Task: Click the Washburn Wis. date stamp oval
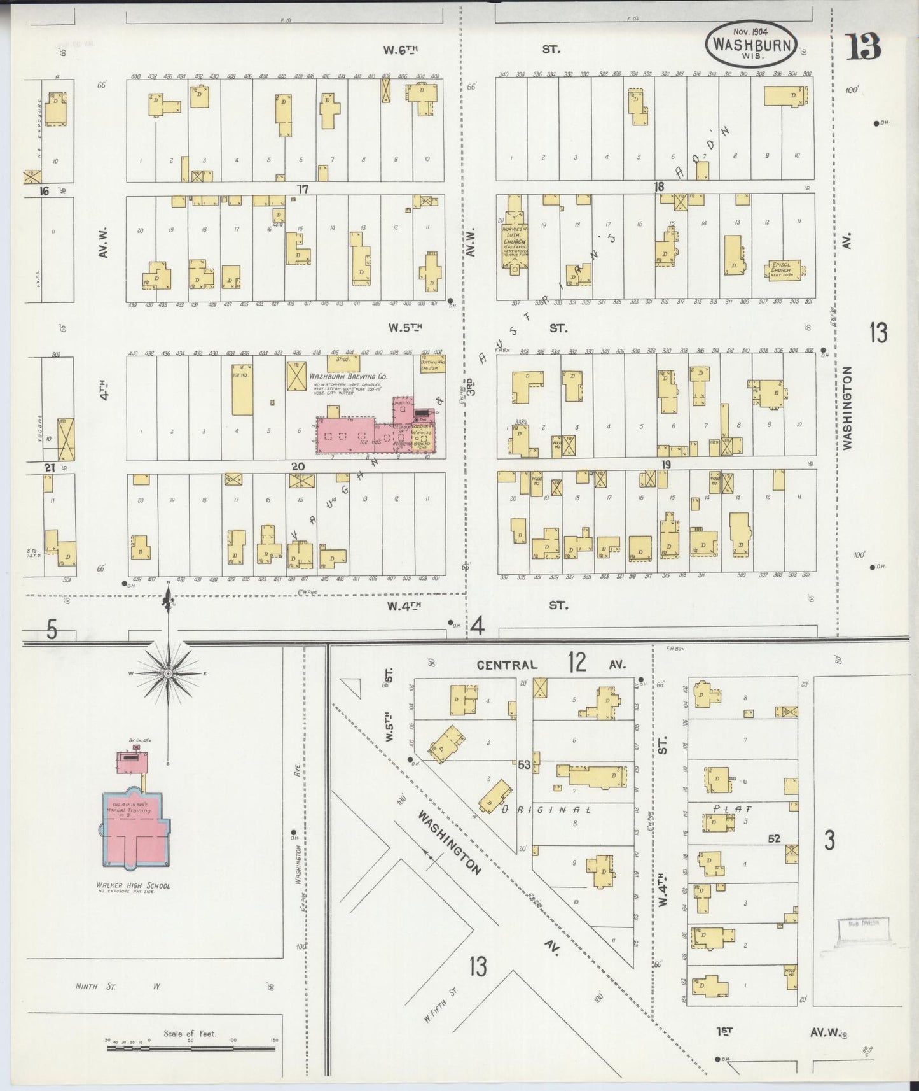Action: pyautogui.click(x=750, y=44)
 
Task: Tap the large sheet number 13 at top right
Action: pyautogui.click(x=863, y=46)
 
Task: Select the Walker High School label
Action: pyautogui.click(x=134, y=885)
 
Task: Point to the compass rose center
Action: pyautogui.click(x=168, y=673)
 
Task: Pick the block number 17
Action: pyautogui.click(x=302, y=189)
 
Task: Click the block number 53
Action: pyautogui.click(x=523, y=764)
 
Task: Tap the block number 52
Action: pyautogui.click(x=773, y=839)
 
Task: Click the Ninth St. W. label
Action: pyautogui.click(x=116, y=986)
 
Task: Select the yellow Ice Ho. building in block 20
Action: pyautogui.click(x=242, y=390)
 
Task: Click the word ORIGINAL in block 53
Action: pyautogui.click(x=546, y=810)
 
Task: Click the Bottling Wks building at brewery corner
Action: pyautogui.click(x=432, y=363)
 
